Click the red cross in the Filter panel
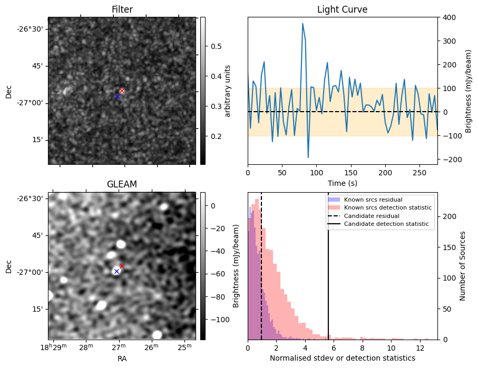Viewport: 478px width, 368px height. pyautogui.click(x=122, y=91)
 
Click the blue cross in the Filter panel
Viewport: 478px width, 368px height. pyautogui.click(x=117, y=96)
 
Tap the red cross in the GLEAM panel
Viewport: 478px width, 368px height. pyautogui.click(x=122, y=266)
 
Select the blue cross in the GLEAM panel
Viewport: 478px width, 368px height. pyautogui.click(x=116, y=271)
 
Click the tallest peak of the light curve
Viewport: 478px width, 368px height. pyautogui.click(x=303, y=24)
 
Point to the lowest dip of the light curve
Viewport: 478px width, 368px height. pyautogui.click(x=308, y=157)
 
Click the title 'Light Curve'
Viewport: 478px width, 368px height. pyautogui.click(x=343, y=9)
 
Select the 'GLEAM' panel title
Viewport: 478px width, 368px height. pyautogui.click(x=122, y=184)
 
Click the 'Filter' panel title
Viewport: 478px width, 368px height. pyautogui.click(x=122, y=9)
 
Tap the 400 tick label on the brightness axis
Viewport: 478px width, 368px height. pyautogui.click(x=450, y=17)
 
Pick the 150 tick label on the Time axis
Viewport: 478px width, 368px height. pyautogui.click(x=351, y=173)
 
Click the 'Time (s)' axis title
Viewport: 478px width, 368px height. pyautogui.click(x=343, y=183)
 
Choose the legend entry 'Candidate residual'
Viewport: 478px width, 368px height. pyautogui.click(x=372, y=216)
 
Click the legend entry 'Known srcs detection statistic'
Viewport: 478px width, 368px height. pyautogui.click(x=388, y=207)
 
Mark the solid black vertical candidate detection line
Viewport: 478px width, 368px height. pyautogui.click(x=328, y=266)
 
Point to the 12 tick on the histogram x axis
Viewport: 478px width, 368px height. pyautogui.click(x=420, y=348)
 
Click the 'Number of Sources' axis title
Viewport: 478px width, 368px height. pyautogui.click(x=462, y=266)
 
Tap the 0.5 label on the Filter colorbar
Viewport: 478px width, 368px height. pyautogui.click(x=216, y=46)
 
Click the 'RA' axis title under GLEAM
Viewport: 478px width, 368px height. pyautogui.click(x=122, y=359)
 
